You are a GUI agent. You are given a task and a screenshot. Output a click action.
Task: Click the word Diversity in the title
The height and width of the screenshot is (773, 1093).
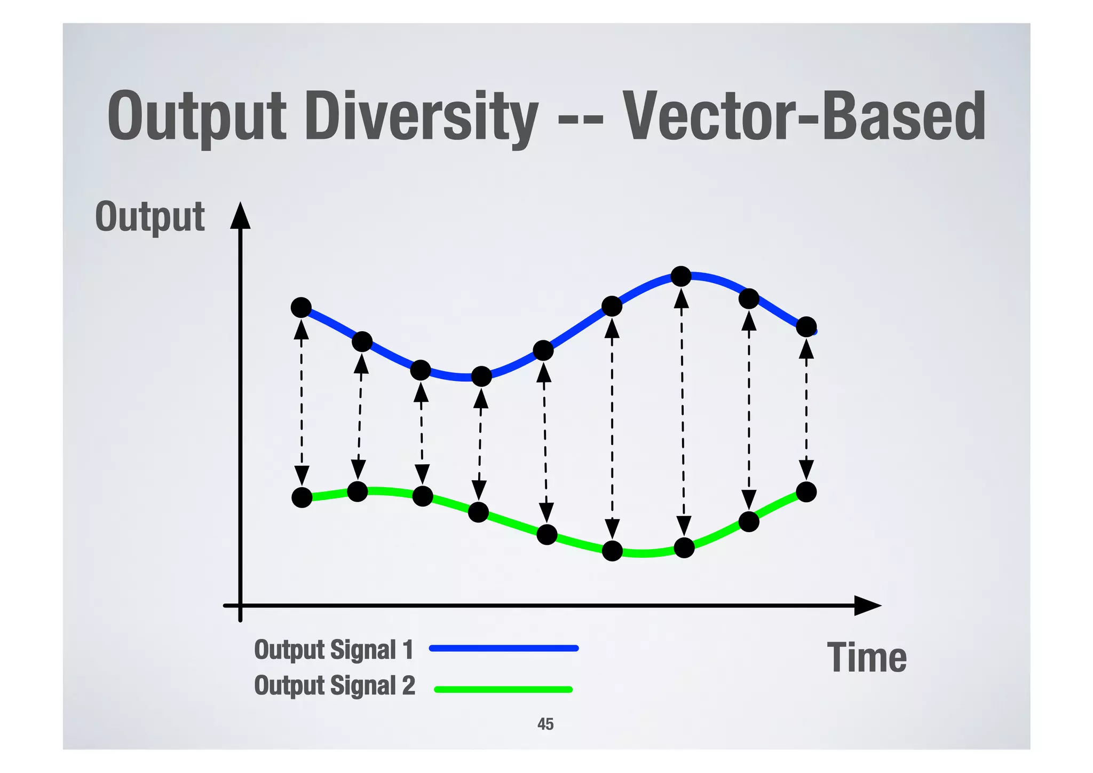click(x=421, y=118)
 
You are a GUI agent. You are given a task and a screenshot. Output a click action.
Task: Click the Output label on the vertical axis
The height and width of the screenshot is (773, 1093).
click(x=149, y=216)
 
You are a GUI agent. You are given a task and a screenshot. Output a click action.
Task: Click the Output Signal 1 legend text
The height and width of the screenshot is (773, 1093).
click(x=334, y=650)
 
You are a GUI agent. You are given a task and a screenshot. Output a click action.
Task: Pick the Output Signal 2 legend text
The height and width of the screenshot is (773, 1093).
click(x=334, y=685)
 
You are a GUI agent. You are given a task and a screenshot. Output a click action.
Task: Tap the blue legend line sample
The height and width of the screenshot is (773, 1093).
click(x=503, y=648)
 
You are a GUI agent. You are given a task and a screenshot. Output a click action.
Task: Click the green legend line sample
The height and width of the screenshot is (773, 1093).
click(x=503, y=689)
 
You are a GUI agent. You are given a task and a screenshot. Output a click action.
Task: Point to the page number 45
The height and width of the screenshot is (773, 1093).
click(x=545, y=724)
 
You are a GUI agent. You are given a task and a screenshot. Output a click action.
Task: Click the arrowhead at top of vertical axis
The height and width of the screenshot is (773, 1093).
click(x=240, y=215)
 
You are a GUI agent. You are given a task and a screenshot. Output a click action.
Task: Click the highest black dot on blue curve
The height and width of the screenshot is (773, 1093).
click(x=681, y=276)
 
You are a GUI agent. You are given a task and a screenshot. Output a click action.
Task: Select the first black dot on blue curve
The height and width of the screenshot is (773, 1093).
click(x=301, y=308)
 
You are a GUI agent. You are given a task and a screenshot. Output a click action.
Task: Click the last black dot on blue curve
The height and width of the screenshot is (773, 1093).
click(x=806, y=326)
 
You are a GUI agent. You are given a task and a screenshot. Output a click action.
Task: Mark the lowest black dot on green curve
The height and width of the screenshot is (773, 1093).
click(x=612, y=551)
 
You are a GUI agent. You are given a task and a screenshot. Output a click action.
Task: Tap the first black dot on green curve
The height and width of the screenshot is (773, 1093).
click(x=302, y=497)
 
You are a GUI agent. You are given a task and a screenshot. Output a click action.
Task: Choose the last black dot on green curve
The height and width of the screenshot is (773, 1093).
click(x=806, y=491)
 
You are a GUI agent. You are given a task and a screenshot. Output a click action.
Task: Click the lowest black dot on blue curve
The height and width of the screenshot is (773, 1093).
click(x=481, y=377)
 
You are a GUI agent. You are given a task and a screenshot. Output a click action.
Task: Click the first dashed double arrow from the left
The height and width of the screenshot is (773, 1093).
click(x=302, y=403)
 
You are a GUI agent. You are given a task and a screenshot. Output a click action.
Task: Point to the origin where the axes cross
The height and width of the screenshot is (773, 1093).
click(x=240, y=605)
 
